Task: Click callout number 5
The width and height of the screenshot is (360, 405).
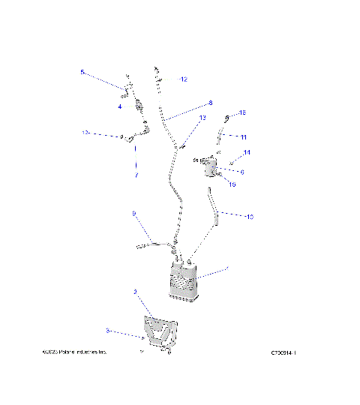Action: click(x=82, y=73)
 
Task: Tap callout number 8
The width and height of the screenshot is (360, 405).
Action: click(x=210, y=103)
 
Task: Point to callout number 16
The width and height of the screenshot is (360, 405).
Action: click(x=241, y=112)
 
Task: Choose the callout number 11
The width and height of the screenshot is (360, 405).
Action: click(x=242, y=136)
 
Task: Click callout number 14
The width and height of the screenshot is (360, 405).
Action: click(x=247, y=152)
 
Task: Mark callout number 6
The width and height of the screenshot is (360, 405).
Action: click(x=241, y=172)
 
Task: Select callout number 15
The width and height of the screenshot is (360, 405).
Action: click(x=232, y=184)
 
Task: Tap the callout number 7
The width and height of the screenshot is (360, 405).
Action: click(x=136, y=175)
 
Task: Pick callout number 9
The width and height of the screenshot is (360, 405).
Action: click(x=133, y=214)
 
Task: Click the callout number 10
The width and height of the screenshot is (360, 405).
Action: click(x=249, y=217)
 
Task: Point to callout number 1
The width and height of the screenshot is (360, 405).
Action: click(x=227, y=268)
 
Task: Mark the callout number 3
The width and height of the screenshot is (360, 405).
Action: click(x=107, y=330)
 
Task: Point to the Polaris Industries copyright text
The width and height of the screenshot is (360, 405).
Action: click(x=75, y=351)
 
